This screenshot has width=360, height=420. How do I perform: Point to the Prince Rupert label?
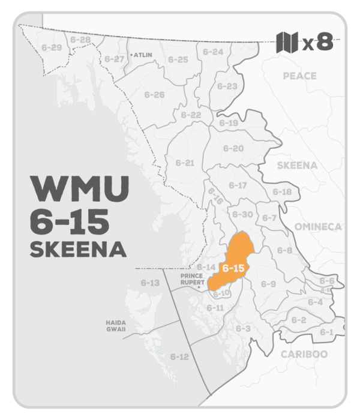[x=193, y=280]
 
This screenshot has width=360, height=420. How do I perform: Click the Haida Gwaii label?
[x=116, y=326]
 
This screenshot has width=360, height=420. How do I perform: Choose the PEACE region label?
[x=299, y=76]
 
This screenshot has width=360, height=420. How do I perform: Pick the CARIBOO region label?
[x=304, y=354]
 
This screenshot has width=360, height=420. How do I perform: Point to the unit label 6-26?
[x=154, y=95]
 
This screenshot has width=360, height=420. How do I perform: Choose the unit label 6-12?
[x=179, y=356]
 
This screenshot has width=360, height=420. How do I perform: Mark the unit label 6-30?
[x=242, y=214]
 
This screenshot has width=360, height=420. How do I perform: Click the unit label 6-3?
[x=242, y=328]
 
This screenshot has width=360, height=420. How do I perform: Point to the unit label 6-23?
[x=227, y=86]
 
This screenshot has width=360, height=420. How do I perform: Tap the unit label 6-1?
[x=327, y=332]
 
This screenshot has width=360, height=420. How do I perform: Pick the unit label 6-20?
[x=233, y=148]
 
